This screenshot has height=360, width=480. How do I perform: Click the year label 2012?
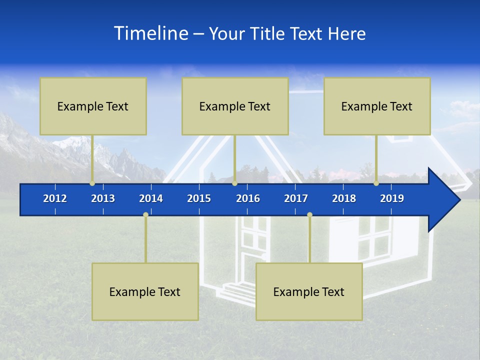tap(55, 198)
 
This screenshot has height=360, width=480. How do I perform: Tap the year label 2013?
tap(103, 198)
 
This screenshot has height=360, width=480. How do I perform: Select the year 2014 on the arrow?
tap(151, 198)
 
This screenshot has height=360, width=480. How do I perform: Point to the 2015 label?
tap(199, 198)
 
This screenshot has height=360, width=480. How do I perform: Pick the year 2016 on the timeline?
tap(248, 198)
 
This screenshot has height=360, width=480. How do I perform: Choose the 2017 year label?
tap(296, 198)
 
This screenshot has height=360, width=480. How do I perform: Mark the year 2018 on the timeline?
tap(344, 198)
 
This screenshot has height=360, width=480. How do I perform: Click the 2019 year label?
tap(392, 198)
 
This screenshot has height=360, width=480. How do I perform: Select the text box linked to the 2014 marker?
tap(145, 291)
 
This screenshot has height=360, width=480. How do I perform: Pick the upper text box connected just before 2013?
tap(93, 106)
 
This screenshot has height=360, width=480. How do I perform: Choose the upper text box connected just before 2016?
tap(235, 106)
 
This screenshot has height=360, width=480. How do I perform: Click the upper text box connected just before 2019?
tap(377, 106)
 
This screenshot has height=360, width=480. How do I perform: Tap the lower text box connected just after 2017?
tap(309, 291)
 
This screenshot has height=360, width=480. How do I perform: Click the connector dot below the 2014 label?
tap(145, 214)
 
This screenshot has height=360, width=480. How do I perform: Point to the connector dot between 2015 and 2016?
tap(234, 183)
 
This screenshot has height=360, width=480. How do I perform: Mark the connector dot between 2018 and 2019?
tap(376, 183)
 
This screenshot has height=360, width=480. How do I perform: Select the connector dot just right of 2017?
tap(309, 214)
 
